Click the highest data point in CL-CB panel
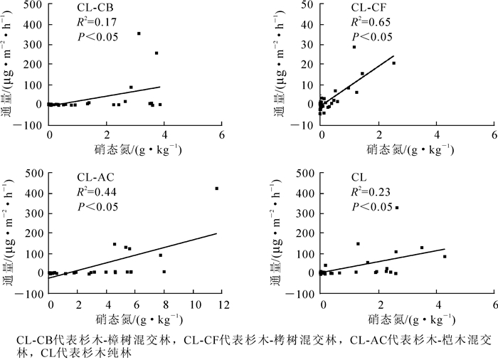tap(139, 33)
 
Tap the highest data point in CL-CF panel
tap(354, 47)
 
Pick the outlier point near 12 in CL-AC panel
tap(216, 189)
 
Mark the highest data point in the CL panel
tap(396, 208)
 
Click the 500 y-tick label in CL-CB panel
tap(31, 4)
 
